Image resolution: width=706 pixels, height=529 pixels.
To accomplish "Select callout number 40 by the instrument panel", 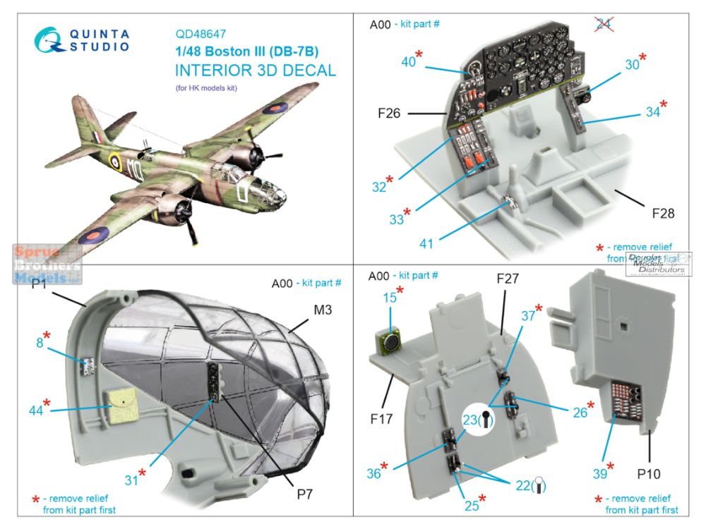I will [408, 63].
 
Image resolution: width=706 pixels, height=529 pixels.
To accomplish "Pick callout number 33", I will [397, 219].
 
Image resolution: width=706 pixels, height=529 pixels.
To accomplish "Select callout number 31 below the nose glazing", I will [131, 481].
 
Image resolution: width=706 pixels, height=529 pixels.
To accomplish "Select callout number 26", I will [580, 412].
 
